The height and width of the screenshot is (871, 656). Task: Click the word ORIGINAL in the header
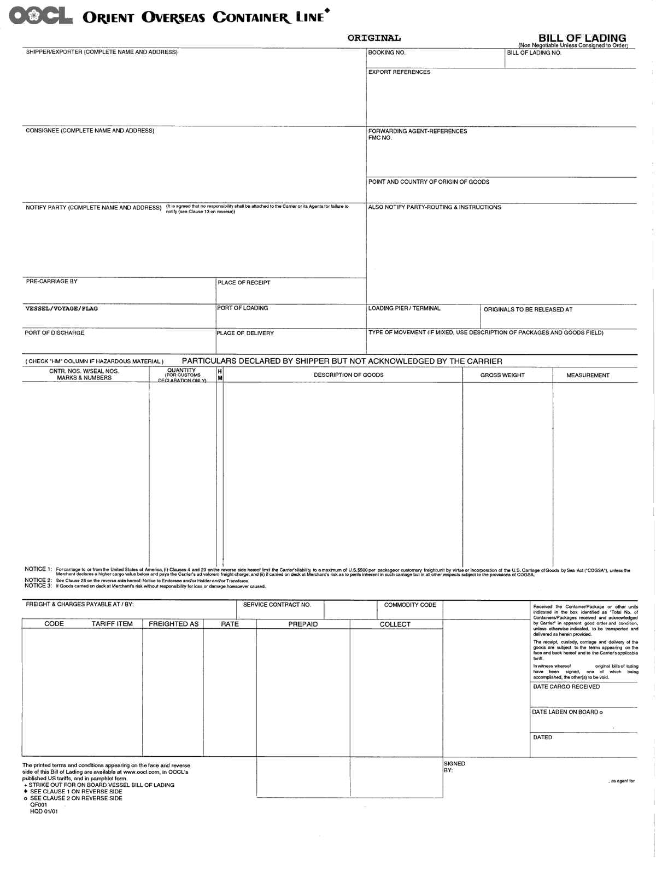[374, 38]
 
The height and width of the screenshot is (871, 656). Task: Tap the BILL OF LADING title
[582, 38]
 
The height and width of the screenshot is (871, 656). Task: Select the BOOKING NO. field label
[386, 53]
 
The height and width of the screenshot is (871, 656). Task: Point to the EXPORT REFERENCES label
[399, 72]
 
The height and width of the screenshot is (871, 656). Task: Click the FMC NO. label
[380, 138]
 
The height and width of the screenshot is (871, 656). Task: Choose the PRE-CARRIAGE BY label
[51, 282]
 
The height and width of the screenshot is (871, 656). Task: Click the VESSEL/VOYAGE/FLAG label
[62, 308]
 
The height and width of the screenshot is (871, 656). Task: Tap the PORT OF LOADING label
[242, 308]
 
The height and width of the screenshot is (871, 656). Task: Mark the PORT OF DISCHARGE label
[54, 332]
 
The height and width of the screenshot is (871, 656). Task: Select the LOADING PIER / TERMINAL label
[404, 308]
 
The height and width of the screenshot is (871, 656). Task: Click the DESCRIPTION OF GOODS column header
[348, 375]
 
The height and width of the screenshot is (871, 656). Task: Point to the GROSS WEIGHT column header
[502, 375]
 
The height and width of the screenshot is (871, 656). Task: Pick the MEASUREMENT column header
[588, 375]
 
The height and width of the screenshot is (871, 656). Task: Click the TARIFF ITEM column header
[112, 624]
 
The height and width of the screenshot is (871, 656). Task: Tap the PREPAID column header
[303, 624]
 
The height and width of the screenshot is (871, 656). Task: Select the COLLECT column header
[395, 624]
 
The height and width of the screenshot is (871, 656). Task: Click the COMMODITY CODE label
[410, 605]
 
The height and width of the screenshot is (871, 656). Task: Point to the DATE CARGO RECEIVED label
[566, 687]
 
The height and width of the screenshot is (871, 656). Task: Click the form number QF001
[38, 805]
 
